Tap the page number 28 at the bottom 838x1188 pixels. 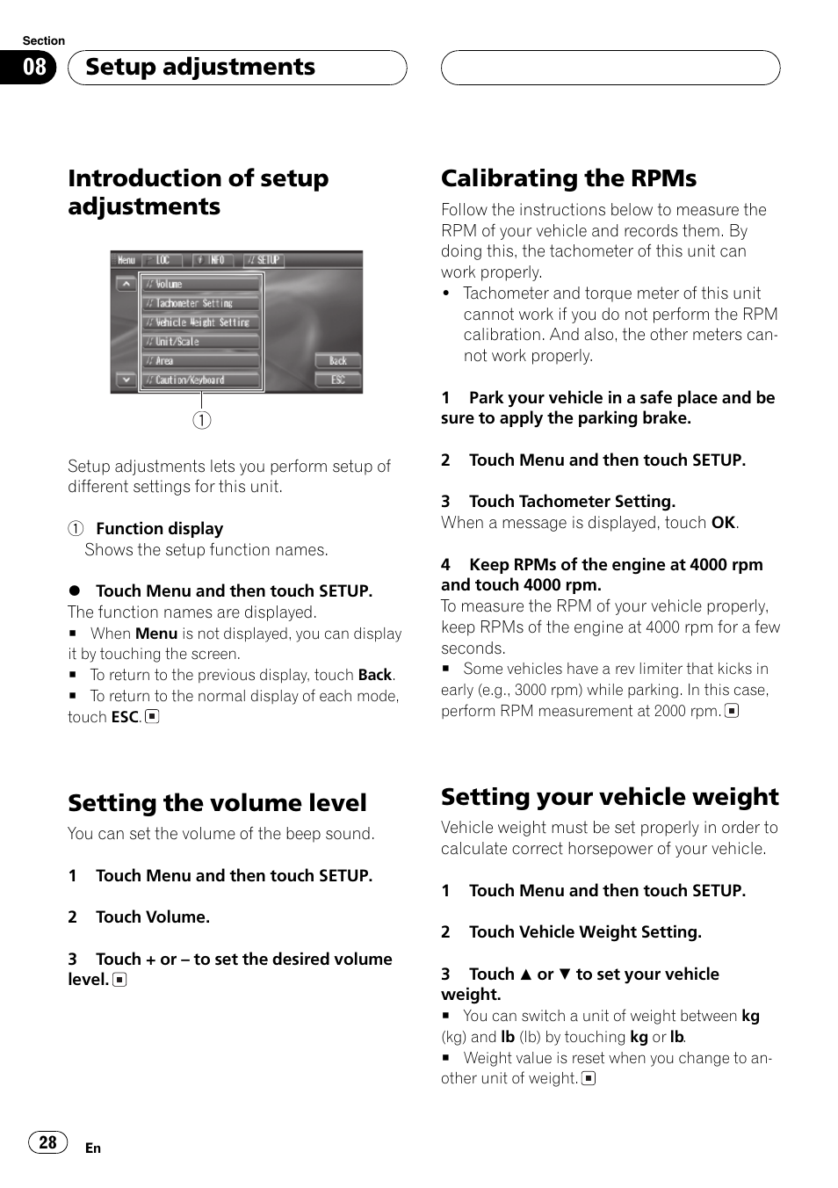47,1142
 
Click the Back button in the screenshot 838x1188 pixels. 338,360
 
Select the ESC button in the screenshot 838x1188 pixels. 338,380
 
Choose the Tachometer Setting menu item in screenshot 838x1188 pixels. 201,303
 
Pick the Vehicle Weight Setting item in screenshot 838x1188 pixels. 201,322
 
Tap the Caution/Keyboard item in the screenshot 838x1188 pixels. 201,380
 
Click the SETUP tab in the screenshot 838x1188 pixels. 264,260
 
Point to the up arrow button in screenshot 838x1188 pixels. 126,284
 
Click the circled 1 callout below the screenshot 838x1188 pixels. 202,420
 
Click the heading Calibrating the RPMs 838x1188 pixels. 568,178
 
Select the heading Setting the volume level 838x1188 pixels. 217,803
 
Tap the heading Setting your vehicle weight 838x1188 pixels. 610,797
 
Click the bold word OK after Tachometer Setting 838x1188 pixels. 723,523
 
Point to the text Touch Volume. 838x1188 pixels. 152,917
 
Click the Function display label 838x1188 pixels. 159,529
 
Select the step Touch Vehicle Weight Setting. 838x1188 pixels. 585,932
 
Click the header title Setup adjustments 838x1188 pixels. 200,67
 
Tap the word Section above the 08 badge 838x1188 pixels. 44,40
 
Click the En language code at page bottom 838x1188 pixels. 93,1148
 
